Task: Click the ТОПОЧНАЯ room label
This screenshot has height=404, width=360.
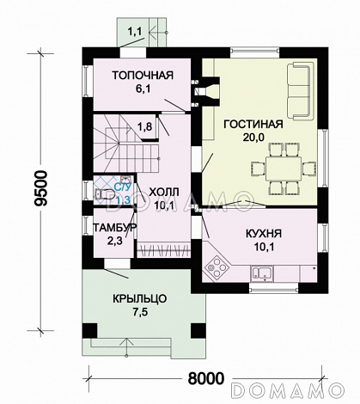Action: coord(143,76)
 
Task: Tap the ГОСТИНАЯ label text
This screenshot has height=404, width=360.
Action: coord(253,124)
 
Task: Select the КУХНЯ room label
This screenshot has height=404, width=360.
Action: coord(264,234)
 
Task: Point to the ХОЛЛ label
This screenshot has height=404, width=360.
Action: coord(164,192)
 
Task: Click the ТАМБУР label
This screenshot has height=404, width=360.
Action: coord(114,228)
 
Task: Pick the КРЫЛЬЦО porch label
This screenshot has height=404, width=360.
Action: coord(139,299)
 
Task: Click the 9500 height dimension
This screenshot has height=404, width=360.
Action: coord(40,188)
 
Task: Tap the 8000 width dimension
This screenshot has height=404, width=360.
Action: coord(206,379)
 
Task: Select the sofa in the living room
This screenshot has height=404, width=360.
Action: coord(299,92)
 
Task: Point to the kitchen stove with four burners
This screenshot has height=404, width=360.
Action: coord(217,266)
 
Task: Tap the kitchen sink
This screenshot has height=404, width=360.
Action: coord(262,272)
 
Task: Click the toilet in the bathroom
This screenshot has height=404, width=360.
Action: coord(104,194)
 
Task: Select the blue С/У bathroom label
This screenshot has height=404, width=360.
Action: coord(123,187)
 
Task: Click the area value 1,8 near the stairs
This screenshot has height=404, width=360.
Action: coord(145,126)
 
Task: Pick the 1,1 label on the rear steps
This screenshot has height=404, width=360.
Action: coord(134,32)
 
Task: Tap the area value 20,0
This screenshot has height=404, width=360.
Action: coord(253,138)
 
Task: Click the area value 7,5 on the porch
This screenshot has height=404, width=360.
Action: coord(139,313)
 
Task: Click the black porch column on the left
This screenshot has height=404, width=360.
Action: coord(89,331)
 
